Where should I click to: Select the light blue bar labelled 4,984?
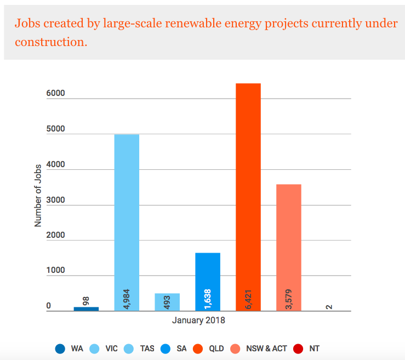[126, 219]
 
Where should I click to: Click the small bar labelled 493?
[167, 302]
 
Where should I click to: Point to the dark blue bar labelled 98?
[86, 308]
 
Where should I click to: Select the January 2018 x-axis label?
[198, 320]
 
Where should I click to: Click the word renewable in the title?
[203, 24]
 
